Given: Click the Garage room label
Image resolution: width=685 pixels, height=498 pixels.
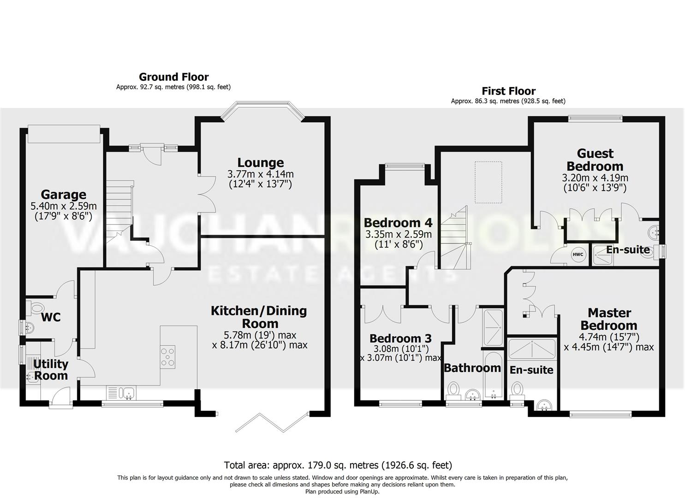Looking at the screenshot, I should click(64, 195).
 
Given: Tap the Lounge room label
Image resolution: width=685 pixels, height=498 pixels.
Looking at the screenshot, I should click(260, 163).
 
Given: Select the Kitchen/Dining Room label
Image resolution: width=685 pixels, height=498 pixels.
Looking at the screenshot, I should click(259, 317).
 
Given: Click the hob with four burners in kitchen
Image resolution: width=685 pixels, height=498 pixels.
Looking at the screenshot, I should click(167, 356).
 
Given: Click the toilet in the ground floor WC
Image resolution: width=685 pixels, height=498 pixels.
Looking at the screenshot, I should click(35, 307).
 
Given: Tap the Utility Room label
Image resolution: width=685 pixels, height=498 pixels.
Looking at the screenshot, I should click(51, 369).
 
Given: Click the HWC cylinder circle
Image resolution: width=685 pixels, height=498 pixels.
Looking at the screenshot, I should click(578, 254).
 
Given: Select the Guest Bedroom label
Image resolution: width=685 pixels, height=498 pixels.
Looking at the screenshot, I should click(595, 160).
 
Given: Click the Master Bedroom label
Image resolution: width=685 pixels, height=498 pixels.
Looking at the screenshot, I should click(609, 319).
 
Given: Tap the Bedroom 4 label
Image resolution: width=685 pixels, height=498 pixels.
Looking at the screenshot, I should click(398, 223).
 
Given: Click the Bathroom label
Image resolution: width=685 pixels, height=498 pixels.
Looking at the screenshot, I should click(472, 368).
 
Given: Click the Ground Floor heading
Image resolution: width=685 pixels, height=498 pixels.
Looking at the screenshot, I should click(173, 77).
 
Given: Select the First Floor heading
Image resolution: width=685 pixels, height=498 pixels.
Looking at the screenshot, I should click(508, 91).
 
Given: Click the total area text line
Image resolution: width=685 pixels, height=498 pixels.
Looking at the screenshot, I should click(338, 465).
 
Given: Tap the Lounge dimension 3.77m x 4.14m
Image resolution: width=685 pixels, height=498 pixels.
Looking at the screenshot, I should click(260, 174).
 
